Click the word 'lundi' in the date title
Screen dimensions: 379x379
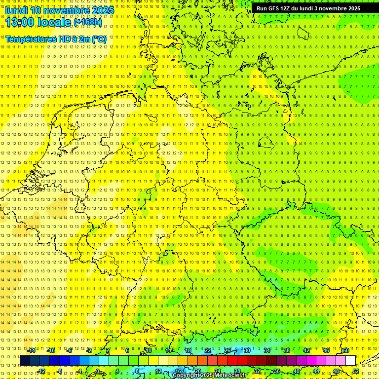tap(16, 10)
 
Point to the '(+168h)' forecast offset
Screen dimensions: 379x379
tap(88, 22)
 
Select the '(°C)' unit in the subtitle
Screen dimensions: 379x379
tap(98, 38)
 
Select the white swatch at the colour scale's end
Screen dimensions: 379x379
tap(350, 360)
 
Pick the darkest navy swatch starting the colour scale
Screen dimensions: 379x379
tap(25, 360)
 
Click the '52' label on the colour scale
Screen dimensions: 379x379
tap(356, 371)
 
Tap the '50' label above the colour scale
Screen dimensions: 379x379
tap(346, 350)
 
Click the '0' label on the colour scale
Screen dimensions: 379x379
tap(98, 371)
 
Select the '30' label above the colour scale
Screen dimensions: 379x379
tap(247, 350)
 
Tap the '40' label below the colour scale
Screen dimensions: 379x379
tap(296, 371)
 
